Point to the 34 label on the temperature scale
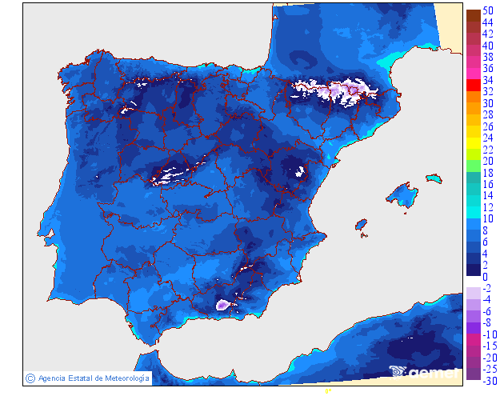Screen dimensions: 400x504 (x=487, y=80)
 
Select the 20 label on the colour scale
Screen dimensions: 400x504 (x=487, y=161)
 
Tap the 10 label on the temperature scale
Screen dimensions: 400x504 (x=487, y=218)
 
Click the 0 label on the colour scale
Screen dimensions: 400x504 (x=485, y=276)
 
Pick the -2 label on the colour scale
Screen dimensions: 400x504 (x=486, y=288)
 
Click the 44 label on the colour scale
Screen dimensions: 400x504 (x=487, y=22)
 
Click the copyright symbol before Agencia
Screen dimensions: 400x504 (x=30, y=378)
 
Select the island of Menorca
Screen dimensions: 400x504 (x=433, y=177)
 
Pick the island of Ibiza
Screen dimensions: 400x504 (x=362, y=225)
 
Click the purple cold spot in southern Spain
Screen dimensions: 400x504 (x=223, y=304)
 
